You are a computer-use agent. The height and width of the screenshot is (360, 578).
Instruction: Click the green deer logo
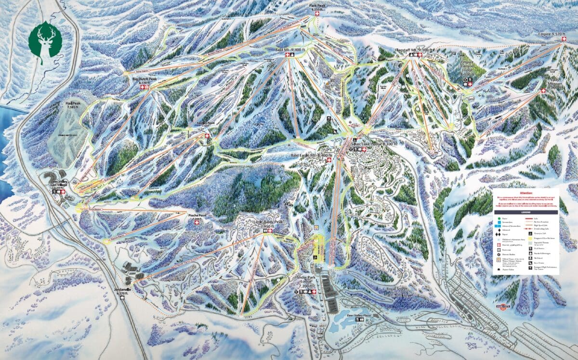click(45, 42)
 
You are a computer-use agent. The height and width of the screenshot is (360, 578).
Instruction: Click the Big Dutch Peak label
click(145, 78)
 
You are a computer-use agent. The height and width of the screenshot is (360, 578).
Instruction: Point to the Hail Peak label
click(74, 104)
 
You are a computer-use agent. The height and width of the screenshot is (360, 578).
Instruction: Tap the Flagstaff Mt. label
click(414, 50)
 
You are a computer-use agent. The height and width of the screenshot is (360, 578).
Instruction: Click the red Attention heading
click(525, 192)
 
